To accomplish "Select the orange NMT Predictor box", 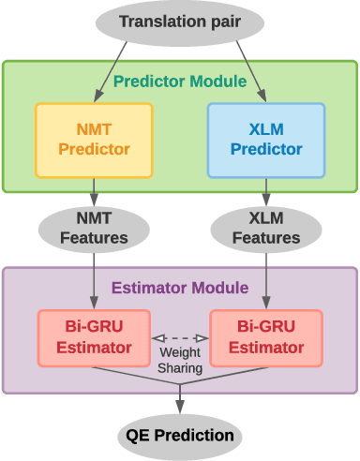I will pyautogui.click(x=94, y=139).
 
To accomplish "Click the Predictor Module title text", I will pyautogui.click(x=180, y=82).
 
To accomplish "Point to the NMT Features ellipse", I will pyautogui.click(x=94, y=228).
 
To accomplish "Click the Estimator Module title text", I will pyautogui.click(x=180, y=288).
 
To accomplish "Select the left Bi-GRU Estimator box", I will pyautogui.click(x=94, y=337).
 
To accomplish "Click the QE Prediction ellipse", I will pyautogui.click(x=180, y=435).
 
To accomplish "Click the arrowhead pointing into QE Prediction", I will pyautogui.click(x=180, y=409).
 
